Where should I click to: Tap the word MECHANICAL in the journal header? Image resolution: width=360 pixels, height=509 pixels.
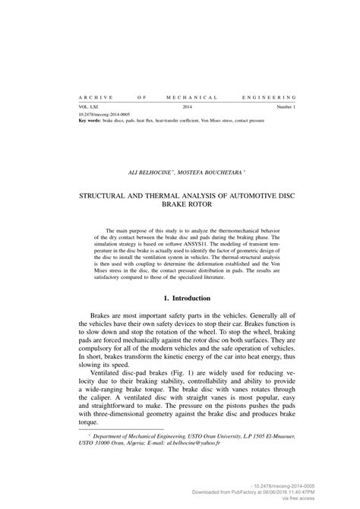[192, 98]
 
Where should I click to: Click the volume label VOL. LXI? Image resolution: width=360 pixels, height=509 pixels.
[89, 108]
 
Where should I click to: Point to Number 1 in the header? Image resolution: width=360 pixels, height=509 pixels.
[285, 108]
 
